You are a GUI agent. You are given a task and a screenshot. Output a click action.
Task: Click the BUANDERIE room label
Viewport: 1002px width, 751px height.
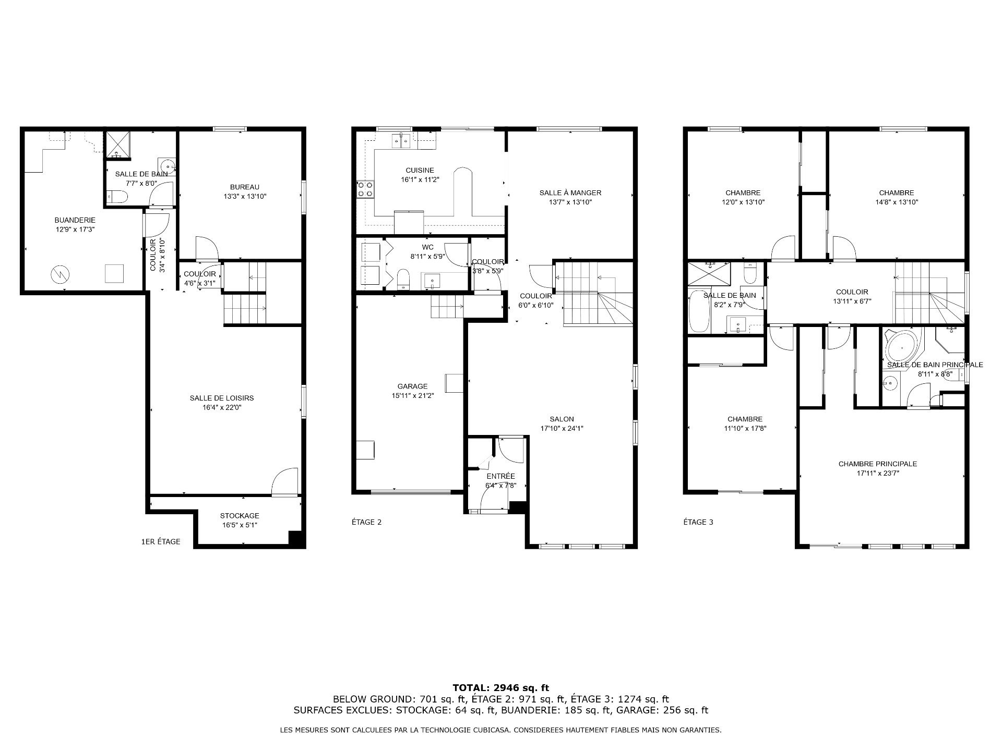tap(75, 220)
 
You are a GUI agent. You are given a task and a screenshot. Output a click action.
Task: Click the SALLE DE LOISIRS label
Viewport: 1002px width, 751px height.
tap(222, 398)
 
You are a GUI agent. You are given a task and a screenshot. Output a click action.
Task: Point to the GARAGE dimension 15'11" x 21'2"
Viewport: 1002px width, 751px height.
tap(412, 395)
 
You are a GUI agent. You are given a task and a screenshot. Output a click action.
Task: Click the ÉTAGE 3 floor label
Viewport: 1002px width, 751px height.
tap(698, 522)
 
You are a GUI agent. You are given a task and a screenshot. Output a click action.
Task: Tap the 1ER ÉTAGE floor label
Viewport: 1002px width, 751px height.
tap(161, 542)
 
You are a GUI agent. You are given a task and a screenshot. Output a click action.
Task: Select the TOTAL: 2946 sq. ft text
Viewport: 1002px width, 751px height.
tap(501, 688)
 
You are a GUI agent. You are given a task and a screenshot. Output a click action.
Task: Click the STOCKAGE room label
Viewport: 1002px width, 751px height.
tap(240, 516)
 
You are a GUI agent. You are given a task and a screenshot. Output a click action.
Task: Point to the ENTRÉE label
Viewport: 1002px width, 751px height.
tap(500, 476)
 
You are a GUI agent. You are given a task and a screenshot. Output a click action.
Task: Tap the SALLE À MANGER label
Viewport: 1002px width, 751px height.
tap(570, 193)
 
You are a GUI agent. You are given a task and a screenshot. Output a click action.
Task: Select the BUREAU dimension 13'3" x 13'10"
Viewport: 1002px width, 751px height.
tap(245, 197)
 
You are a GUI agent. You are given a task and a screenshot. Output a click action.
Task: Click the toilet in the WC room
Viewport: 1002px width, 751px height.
tap(404, 280)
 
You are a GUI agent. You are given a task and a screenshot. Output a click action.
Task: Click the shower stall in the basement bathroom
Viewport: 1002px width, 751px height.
tap(117, 144)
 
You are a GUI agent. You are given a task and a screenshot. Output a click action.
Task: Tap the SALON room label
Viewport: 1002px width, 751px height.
tap(562, 419)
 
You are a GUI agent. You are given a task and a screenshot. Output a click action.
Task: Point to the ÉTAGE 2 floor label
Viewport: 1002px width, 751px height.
tap(366, 522)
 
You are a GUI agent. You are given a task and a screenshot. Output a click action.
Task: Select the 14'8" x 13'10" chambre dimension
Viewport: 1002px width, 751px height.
tap(897, 202)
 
